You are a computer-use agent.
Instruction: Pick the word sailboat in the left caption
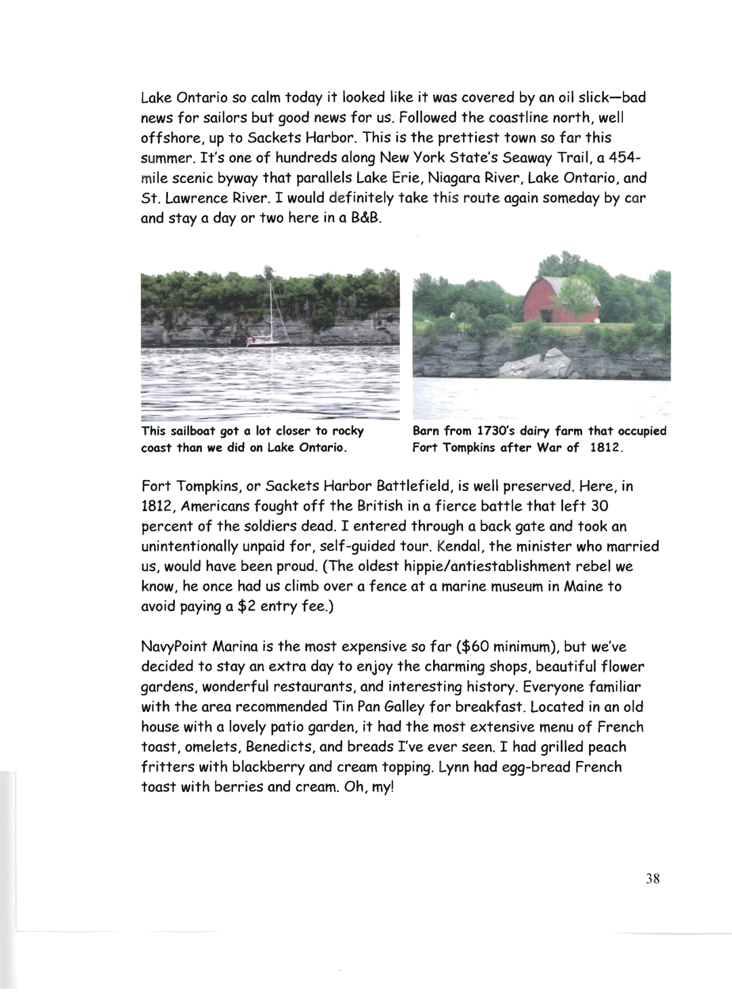[195, 431]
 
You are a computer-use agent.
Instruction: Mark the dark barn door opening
[546, 315]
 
